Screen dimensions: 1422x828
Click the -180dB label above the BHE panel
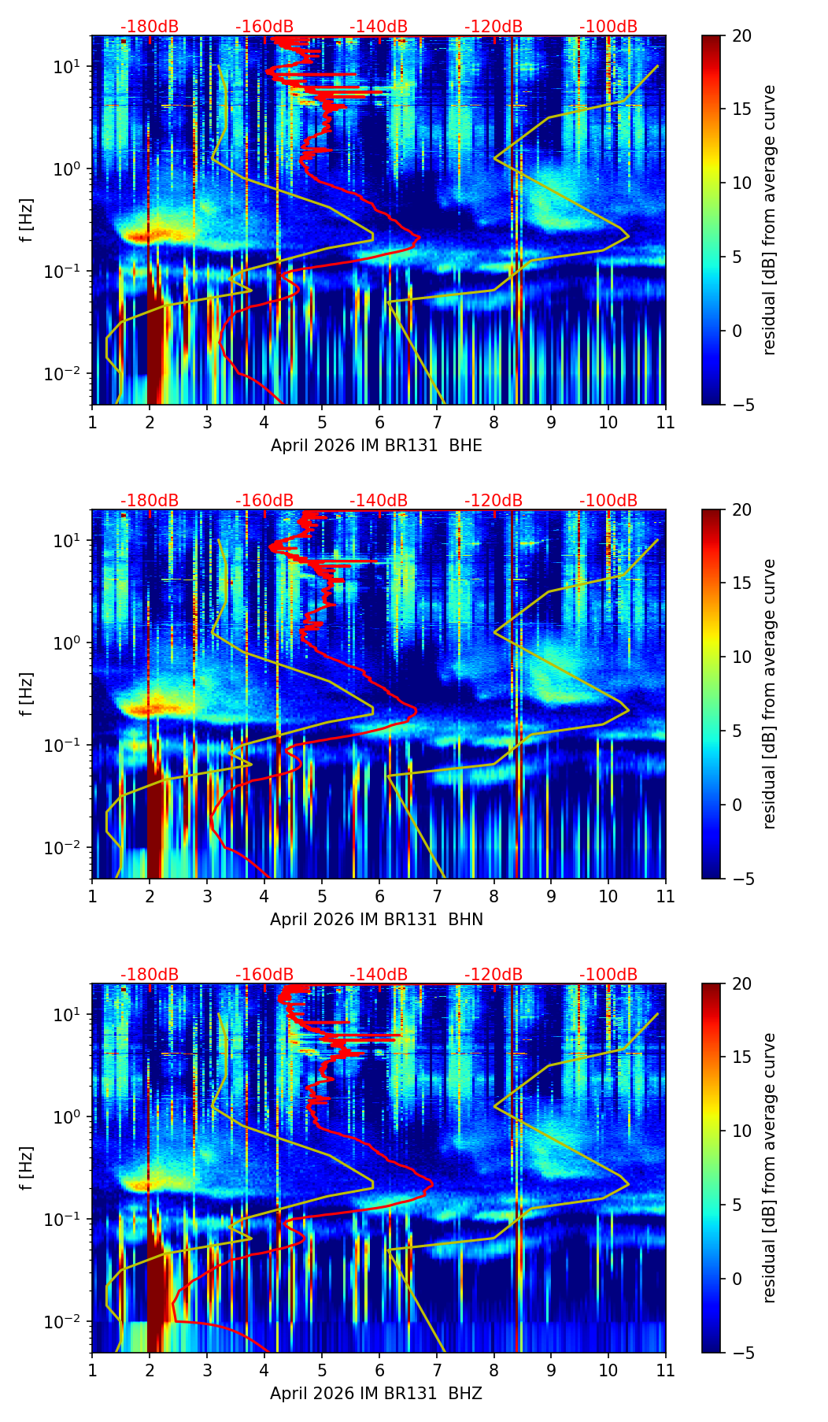point(150,27)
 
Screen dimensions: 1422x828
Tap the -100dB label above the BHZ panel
point(608,975)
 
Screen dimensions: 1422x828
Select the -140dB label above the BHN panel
point(379,501)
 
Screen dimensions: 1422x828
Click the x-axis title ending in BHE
point(376,446)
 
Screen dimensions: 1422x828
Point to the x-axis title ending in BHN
point(376,920)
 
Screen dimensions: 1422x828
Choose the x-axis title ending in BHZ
point(376,1394)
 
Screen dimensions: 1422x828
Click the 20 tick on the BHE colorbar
point(742,36)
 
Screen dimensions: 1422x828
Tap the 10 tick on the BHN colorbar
point(742,657)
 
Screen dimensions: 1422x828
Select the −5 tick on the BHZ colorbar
point(742,1353)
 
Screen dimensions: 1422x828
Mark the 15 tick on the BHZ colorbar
point(742,1057)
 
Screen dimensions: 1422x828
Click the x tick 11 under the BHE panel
point(665,422)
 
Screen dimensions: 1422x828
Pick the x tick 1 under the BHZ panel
point(92,1370)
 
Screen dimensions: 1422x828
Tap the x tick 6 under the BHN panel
point(379,896)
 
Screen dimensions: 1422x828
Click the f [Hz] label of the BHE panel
point(27,220)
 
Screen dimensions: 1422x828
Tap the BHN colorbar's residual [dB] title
point(769,694)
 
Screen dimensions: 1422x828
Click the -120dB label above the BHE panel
point(493,27)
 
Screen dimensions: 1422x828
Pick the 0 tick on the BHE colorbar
point(737,331)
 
